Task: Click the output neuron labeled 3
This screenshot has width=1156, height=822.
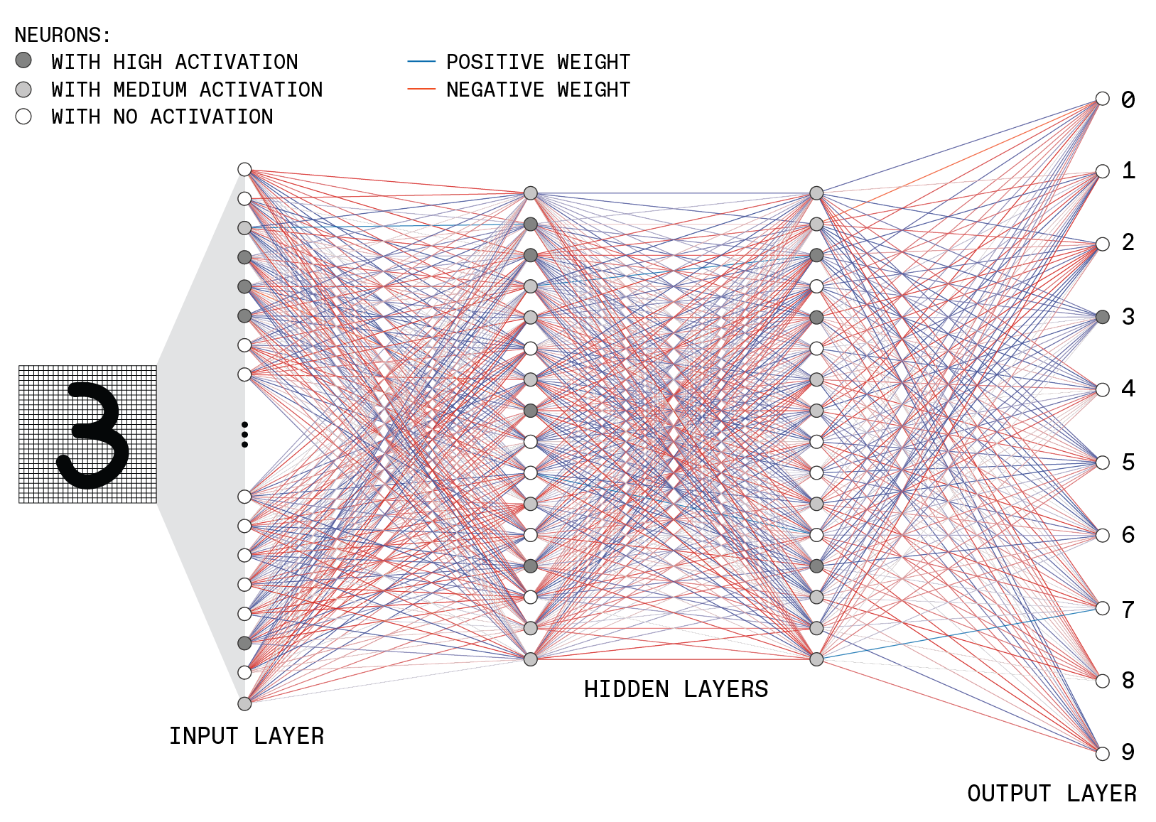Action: click(1102, 317)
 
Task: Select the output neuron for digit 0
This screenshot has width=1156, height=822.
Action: click(1102, 99)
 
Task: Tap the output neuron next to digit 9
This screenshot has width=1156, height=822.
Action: click(1102, 753)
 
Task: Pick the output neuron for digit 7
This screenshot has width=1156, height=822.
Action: click(1102, 608)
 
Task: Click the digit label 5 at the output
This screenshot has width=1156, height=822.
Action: click(1129, 463)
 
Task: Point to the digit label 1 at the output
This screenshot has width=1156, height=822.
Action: click(1129, 171)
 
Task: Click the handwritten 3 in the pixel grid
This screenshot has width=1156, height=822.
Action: click(92, 435)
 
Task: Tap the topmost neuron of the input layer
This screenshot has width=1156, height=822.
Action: click(244, 169)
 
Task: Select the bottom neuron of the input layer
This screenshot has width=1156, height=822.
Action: click(244, 703)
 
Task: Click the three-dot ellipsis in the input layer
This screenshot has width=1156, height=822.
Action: click(244, 435)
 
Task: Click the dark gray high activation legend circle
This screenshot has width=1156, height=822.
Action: click(23, 60)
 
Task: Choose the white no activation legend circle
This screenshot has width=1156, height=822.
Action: click(23, 117)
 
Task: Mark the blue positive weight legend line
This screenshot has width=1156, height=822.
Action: click(421, 62)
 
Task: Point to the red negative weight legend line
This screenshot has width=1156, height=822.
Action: click(421, 90)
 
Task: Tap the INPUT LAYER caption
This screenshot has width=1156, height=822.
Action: click(247, 736)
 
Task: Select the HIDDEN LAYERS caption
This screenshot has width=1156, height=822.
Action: click(676, 689)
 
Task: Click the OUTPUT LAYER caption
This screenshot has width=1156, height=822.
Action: click(1052, 794)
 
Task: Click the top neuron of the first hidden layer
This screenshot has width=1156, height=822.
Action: click(531, 193)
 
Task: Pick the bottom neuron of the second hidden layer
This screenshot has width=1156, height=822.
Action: click(816, 659)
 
